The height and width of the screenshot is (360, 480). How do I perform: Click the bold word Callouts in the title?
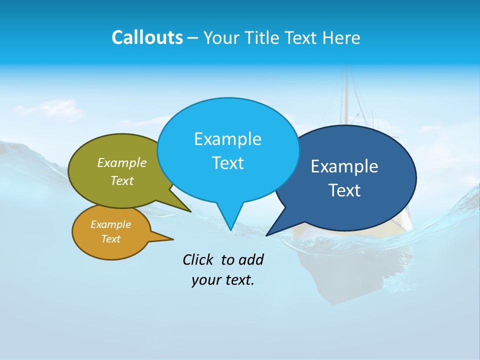coord(147,37)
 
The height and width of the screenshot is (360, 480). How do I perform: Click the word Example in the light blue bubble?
coord(227,139)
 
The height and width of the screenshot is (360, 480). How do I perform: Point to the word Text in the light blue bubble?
coord(227,163)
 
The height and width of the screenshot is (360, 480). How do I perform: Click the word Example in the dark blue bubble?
coord(344,166)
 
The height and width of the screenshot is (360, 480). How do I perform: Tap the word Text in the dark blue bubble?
coord(344,190)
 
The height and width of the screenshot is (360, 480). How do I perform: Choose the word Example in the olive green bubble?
coord(122,162)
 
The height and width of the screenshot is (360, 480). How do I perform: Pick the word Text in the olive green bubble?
coord(122,180)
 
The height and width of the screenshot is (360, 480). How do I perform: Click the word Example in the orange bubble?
coord(111,224)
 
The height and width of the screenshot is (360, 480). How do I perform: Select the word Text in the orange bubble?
coord(111,239)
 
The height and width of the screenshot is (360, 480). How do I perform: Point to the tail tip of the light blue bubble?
coord(230,228)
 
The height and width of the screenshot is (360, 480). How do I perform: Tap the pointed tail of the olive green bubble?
coord(189,210)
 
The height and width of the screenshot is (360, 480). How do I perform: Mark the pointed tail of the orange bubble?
coord(171,239)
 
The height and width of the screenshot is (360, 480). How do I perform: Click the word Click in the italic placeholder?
coord(198,259)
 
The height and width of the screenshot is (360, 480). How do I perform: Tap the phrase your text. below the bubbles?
coord(223,280)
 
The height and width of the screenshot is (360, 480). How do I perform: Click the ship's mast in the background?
coord(344,95)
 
